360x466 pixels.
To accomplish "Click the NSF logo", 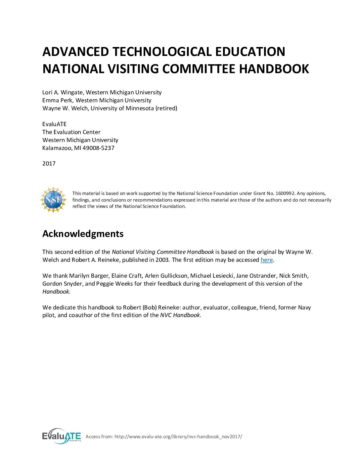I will pos(53,200).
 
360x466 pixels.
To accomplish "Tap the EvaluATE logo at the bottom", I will pos(62,436).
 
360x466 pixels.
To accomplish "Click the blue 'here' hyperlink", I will pos(267,260).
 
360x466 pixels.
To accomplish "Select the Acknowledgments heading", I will pos(83,234).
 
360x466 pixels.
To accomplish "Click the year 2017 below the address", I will pos(49,163).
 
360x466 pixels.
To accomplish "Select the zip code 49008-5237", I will pos(99,148).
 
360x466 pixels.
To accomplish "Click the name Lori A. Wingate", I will pos(62,92).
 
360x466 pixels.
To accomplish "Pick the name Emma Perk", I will pos(57,100).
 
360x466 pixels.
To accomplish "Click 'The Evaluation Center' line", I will pos(71,132).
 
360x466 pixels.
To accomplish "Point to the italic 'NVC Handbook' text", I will pos(180,315).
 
